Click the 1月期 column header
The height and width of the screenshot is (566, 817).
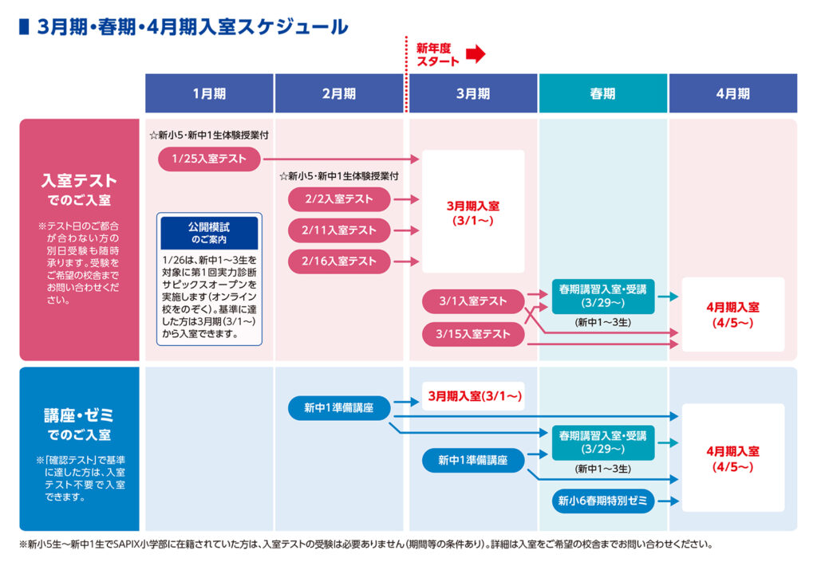pyautogui.click(x=209, y=93)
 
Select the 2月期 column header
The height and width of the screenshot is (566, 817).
pyautogui.click(x=339, y=93)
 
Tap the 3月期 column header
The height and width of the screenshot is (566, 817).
pyautogui.click(x=473, y=93)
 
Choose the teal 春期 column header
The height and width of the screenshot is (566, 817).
pyautogui.click(x=602, y=93)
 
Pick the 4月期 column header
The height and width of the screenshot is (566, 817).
pyautogui.click(x=732, y=93)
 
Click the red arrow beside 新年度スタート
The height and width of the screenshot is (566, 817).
pyautogui.click(x=476, y=54)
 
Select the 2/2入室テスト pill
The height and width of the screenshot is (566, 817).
pyautogui.click(x=339, y=199)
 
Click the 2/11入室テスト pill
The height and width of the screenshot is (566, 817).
pyautogui.click(x=339, y=230)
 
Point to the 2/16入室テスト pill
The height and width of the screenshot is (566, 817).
pyautogui.click(x=339, y=261)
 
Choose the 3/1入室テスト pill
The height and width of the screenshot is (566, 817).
pyautogui.click(x=473, y=301)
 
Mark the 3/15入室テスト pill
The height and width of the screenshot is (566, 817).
pyautogui.click(x=473, y=333)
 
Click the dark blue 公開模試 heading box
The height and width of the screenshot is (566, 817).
pyautogui.click(x=209, y=232)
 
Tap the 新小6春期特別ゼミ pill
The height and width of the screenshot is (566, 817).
pyautogui.click(x=602, y=501)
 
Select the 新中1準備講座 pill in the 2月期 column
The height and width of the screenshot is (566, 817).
pyautogui.click(x=339, y=408)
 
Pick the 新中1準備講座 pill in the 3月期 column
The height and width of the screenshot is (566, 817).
pyautogui.click(x=473, y=460)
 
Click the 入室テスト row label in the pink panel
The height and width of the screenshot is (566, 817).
pyautogui.click(x=79, y=180)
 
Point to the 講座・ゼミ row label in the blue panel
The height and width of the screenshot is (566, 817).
pyautogui.click(x=79, y=415)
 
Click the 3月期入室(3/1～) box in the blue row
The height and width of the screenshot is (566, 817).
pyautogui.click(x=473, y=395)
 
